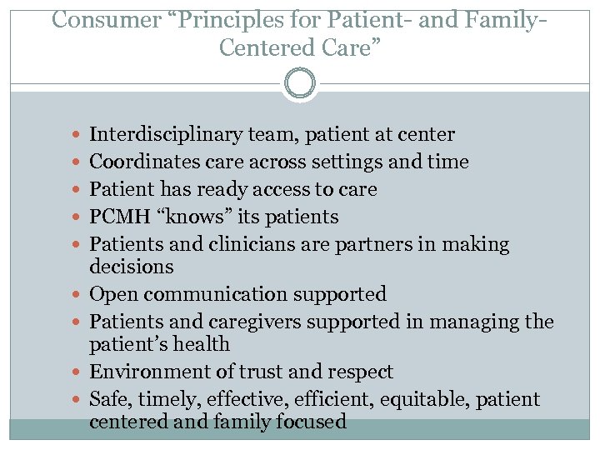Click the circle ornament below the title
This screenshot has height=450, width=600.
click(300, 84)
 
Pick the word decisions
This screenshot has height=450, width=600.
click(131, 267)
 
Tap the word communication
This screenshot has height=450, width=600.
click(205, 294)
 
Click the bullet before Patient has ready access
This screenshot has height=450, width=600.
click(77, 190)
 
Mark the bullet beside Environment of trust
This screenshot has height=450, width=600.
click(77, 372)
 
